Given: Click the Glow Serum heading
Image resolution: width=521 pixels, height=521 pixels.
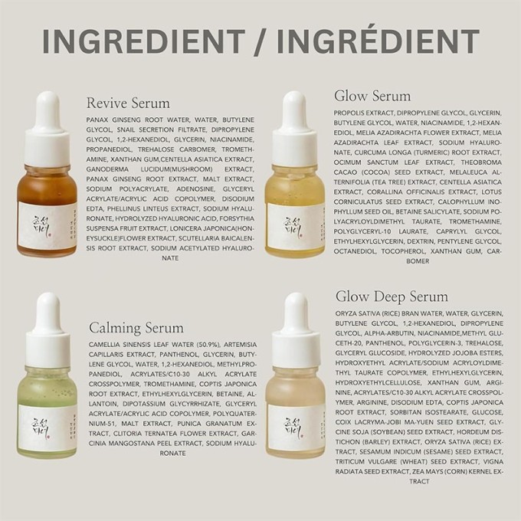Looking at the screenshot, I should pyautogui.click(x=372, y=96).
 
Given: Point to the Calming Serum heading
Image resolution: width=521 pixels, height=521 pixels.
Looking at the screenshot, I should pyautogui.click(x=136, y=327).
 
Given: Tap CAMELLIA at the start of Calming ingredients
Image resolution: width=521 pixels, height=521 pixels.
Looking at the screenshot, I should pyautogui.click(x=106, y=344).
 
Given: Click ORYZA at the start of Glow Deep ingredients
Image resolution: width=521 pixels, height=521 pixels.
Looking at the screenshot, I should pyautogui.click(x=349, y=313).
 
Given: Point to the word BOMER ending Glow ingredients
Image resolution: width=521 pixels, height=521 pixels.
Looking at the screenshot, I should pyautogui.click(x=418, y=260).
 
